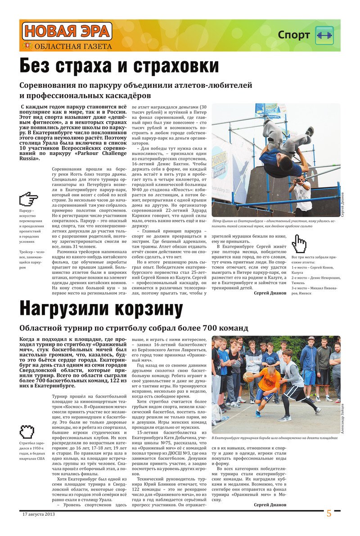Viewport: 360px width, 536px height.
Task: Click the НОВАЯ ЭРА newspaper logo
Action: click(67, 31)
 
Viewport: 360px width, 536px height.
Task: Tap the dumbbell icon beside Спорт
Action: click(324, 35)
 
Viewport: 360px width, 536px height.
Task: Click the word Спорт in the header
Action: click(294, 35)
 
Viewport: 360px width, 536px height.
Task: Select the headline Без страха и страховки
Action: click(119, 66)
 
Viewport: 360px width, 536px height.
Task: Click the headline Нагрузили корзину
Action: click(101, 309)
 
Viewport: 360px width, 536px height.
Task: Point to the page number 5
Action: click(329, 513)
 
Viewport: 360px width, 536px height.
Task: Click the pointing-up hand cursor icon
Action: click(299, 243)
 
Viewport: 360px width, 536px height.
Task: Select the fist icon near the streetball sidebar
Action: click(27, 432)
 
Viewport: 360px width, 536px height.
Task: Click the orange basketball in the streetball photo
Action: click(248, 377)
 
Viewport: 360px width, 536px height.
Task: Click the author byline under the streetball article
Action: click(270, 504)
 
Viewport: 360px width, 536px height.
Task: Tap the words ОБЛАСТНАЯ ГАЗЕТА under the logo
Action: click(73, 46)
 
